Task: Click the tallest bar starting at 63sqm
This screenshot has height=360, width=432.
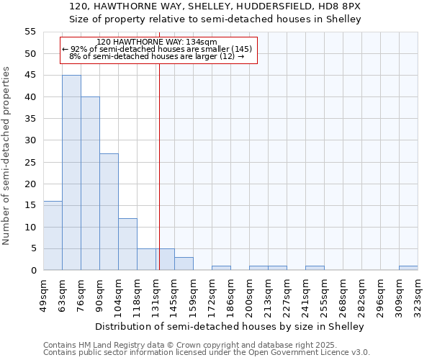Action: (71, 173)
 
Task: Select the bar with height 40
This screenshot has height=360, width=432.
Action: (90, 184)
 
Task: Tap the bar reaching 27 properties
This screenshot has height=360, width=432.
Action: (109, 212)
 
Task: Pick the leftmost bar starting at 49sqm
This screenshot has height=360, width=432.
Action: (53, 235)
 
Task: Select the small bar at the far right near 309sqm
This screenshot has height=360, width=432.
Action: (408, 268)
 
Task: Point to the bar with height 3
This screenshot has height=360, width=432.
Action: (184, 264)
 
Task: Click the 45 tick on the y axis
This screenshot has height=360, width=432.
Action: (30, 76)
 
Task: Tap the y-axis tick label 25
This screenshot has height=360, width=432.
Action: (30, 162)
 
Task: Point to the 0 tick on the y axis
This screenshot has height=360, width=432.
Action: (33, 271)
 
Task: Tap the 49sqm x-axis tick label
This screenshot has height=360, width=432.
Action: (44, 293)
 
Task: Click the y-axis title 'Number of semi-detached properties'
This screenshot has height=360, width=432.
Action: (6, 156)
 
